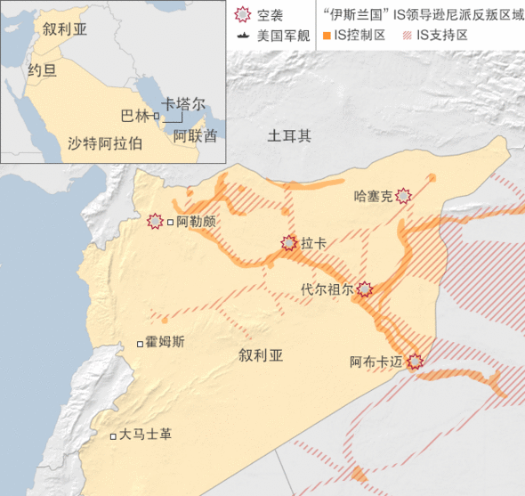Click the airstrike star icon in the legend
pos(242,15)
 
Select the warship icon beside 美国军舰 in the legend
pos(242,37)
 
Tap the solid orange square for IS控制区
pos(327,37)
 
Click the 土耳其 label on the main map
pos(290,136)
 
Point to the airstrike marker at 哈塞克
pos(405,196)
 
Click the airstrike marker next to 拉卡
pos(288,242)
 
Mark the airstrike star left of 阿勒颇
pos(155,220)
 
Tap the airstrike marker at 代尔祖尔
pos(364,289)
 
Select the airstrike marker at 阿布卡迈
pos(415,362)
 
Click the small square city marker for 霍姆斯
pos(139,344)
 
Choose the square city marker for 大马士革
pos(112,436)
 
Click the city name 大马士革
pos(146,435)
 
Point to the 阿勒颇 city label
pos(196,221)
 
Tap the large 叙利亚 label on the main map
pos(261,356)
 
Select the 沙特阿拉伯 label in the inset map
pos(105,142)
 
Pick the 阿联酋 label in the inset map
pos(194,136)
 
